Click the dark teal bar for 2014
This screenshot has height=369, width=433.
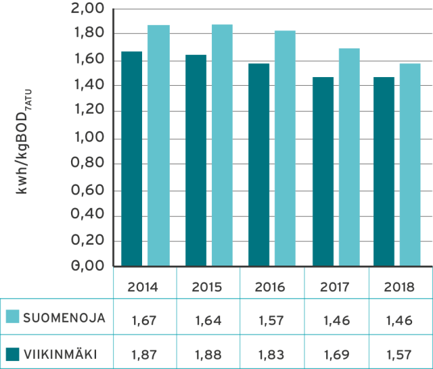click(x=132, y=158)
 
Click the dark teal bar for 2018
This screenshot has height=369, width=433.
click(x=384, y=172)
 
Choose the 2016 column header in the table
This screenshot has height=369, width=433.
click(x=269, y=287)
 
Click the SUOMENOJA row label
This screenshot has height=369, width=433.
click(x=64, y=318)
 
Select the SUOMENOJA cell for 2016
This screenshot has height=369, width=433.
click(x=269, y=319)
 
